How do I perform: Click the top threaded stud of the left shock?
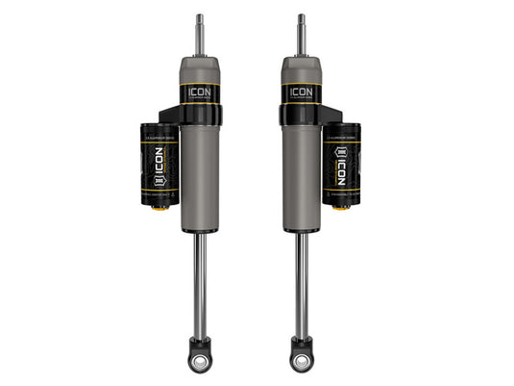[x=200, y=34]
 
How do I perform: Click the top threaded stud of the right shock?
[x=301, y=34]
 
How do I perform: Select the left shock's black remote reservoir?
[x=159, y=164]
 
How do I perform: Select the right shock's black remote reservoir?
[x=341, y=164]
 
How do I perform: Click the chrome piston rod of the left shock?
[x=200, y=284]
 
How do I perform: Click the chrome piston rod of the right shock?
[x=301, y=284]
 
